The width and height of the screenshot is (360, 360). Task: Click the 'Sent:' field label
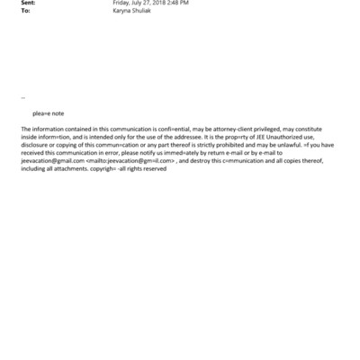[29, 4]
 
